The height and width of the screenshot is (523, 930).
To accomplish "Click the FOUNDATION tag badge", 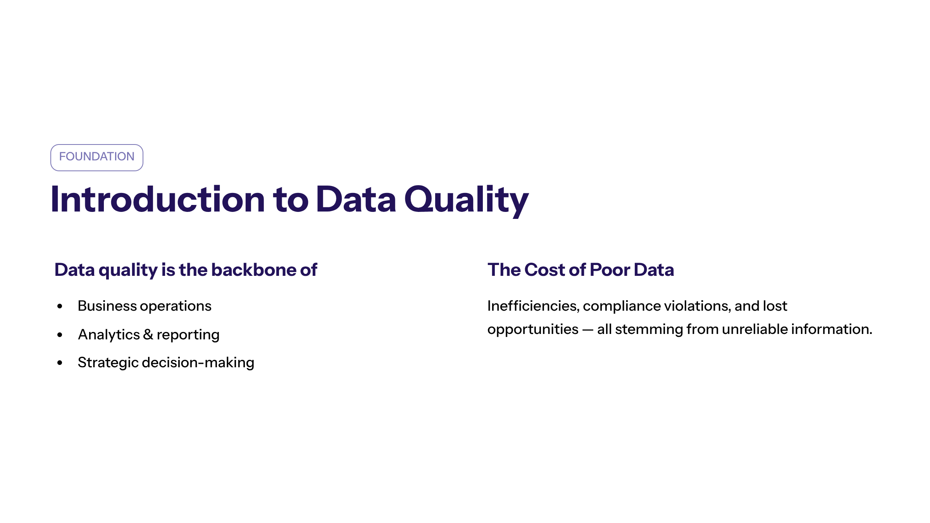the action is tap(97, 157).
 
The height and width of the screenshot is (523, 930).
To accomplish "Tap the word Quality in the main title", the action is tap(467, 200).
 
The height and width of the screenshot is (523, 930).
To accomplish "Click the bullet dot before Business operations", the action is tap(60, 306).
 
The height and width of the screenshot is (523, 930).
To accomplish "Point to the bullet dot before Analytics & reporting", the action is tap(60, 335).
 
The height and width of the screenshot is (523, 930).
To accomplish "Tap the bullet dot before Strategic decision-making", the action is tap(60, 363).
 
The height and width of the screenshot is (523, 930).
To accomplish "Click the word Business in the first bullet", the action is tap(107, 306).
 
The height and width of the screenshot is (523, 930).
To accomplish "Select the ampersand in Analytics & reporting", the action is tap(148, 334).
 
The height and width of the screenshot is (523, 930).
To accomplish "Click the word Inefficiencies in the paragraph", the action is tap(533, 306).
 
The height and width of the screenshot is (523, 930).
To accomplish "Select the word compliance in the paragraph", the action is tap(622, 306).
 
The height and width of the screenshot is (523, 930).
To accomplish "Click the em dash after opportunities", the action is tap(588, 330).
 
